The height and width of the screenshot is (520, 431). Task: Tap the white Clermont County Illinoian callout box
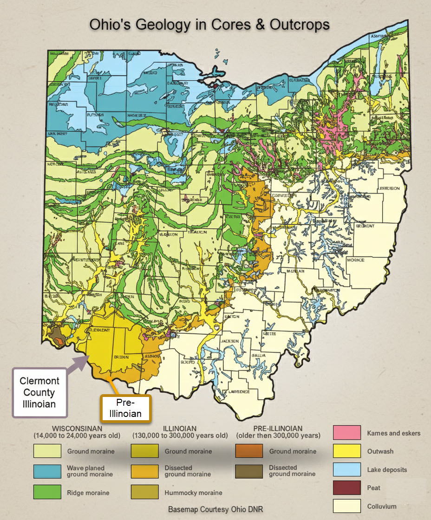tap(39, 392)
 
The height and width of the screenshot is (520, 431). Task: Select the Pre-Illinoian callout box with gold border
tap(126, 409)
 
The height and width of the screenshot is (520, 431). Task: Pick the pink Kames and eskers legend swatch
tap(347, 433)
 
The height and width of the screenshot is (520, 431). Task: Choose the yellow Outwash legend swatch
tap(347, 451)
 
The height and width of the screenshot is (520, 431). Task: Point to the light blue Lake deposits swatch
tap(347, 469)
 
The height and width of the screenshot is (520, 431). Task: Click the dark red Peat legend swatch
tap(347, 487)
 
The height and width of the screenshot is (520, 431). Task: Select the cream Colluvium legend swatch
tap(347, 506)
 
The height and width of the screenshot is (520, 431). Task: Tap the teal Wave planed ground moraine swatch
tap(47, 471)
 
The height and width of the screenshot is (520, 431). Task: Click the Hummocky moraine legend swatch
tap(145, 492)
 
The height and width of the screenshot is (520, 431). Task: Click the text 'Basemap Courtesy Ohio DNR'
tap(215, 509)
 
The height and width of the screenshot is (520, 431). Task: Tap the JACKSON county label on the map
tap(233, 341)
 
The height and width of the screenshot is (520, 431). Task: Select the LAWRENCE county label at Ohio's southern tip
tap(239, 392)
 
